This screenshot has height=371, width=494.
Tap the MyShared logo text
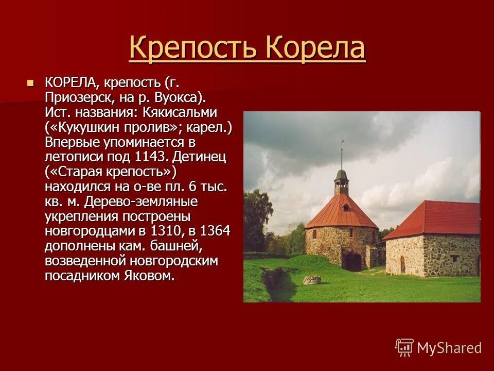click(x=449, y=348)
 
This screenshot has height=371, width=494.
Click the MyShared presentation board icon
click(x=404, y=348)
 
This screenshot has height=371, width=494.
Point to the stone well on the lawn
click(x=311, y=280)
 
